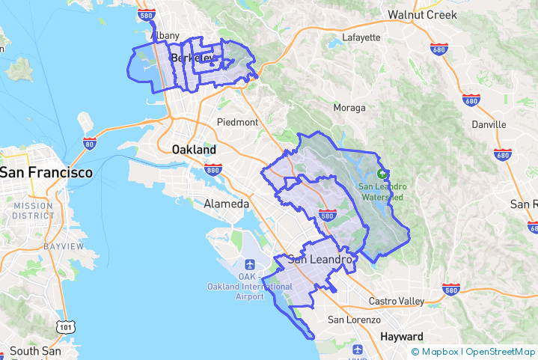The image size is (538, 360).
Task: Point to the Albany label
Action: pyautogui.click(x=165, y=35)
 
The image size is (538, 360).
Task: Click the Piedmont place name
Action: pyautogui.click(x=237, y=122)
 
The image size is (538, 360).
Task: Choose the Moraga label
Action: pyautogui.click(x=349, y=108)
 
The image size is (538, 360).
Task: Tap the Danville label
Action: pyautogui.click(x=489, y=124)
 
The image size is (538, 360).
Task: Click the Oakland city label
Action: pyautogui.click(x=194, y=150)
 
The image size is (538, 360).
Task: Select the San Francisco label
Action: pyautogui.click(x=46, y=173)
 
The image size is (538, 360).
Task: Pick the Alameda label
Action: pyautogui.click(x=227, y=204)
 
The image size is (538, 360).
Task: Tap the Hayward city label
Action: pyautogui.click(x=402, y=336)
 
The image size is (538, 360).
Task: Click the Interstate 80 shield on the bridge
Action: pyautogui.click(x=89, y=142)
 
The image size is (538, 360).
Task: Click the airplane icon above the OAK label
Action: pyautogui.click(x=248, y=265)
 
